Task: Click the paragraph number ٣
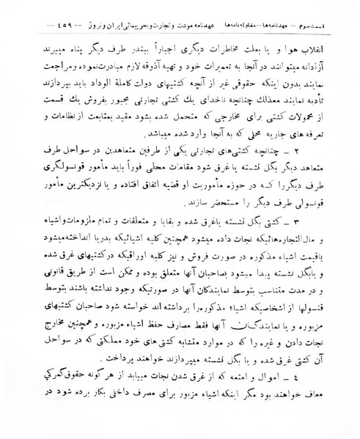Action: click(312, 221)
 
